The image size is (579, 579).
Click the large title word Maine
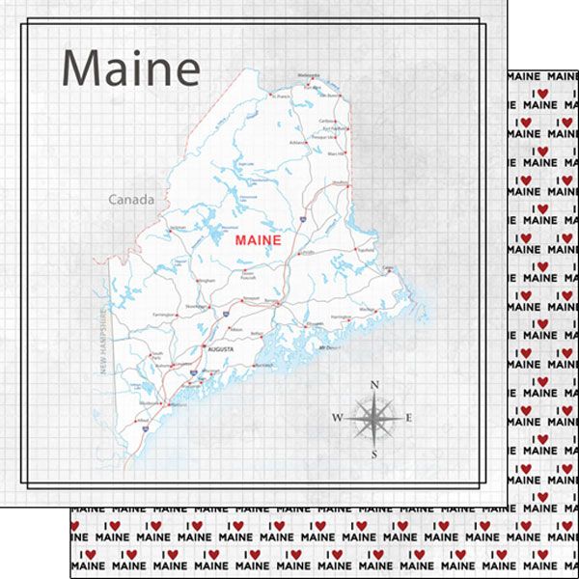[x=130, y=69]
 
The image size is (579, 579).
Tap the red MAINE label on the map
[x=257, y=240]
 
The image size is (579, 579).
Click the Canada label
[x=130, y=201]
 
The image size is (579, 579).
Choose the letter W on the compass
[x=337, y=418]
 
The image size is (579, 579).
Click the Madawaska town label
[x=308, y=74]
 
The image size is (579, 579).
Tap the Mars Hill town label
[x=335, y=153]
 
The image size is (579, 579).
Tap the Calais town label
[x=388, y=268]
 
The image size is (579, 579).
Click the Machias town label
[x=365, y=310]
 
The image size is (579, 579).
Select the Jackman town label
[x=178, y=228]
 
